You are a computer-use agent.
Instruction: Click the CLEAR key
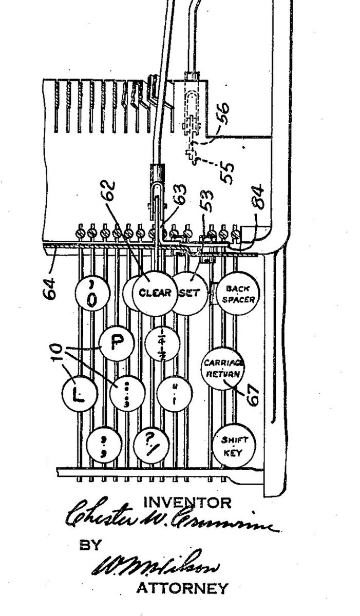point(153,293)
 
